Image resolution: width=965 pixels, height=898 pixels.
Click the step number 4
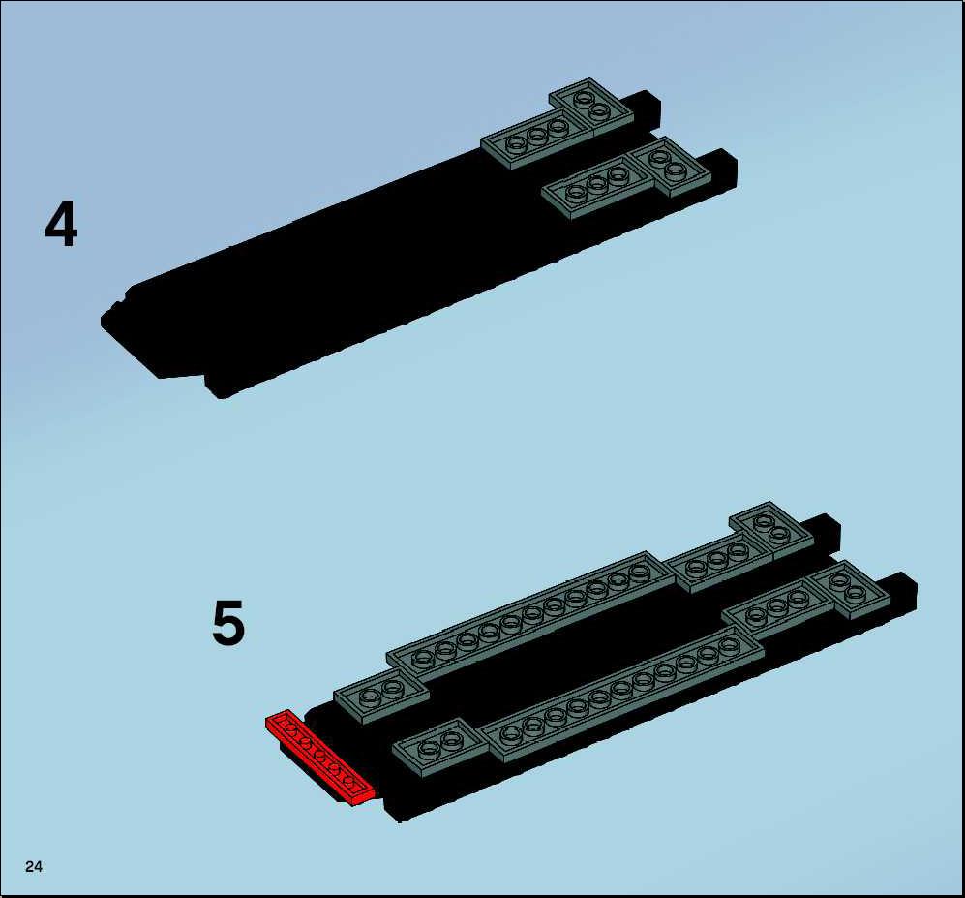coord(61,225)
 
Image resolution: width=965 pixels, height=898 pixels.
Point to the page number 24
coord(34,867)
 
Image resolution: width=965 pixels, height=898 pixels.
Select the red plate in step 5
coord(319,758)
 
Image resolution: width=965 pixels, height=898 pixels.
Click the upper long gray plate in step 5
coord(530,609)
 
